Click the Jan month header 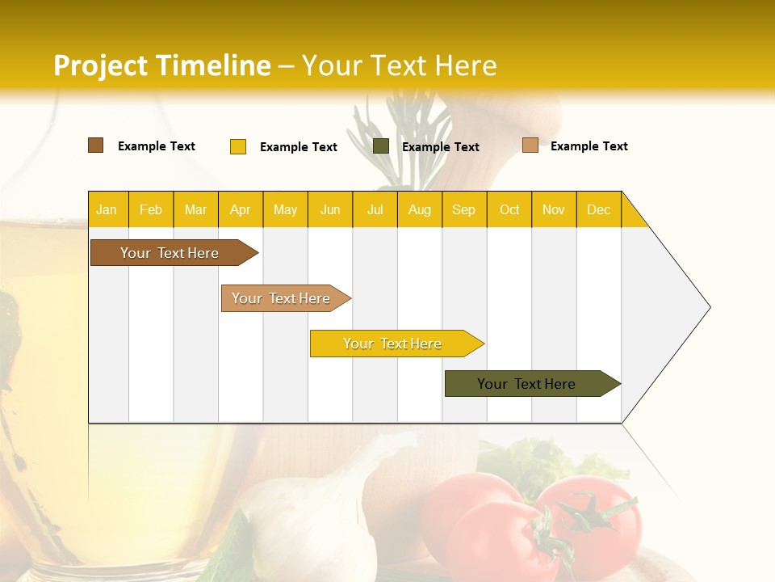107,209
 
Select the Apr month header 241,209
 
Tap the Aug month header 419,209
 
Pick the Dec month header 598,209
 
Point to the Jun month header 330,209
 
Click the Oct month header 509,209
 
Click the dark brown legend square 96,145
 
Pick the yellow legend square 238,146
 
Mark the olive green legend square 381,146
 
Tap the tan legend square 530,145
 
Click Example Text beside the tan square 589,146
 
